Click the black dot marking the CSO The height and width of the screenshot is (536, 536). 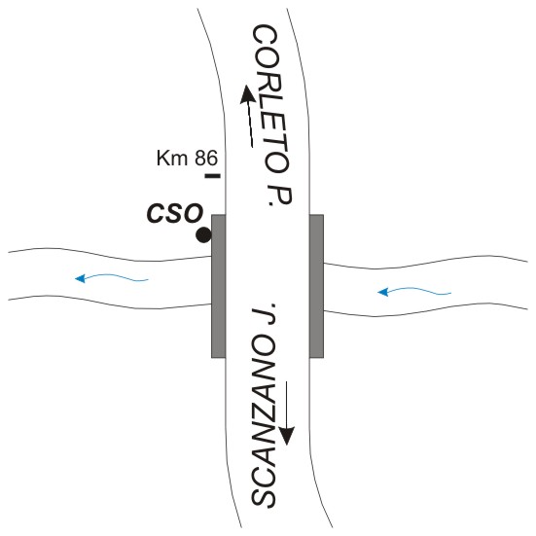[x=203, y=235]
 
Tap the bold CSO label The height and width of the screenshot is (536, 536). [x=175, y=213]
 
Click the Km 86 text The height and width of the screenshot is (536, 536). [x=187, y=159]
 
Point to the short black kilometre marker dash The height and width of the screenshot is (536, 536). [x=213, y=176]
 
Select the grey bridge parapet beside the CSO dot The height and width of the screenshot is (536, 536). [x=219, y=286]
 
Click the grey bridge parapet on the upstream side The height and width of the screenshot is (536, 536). [x=316, y=286]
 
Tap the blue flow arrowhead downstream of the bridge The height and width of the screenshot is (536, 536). [x=80, y=278]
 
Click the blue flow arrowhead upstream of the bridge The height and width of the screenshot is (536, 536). [x=383, y=292]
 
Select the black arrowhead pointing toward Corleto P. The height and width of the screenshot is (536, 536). [x=247, y=93]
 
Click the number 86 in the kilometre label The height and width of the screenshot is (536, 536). [x=206, y=159]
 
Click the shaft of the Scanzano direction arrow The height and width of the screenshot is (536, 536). [x=286, y=405]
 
